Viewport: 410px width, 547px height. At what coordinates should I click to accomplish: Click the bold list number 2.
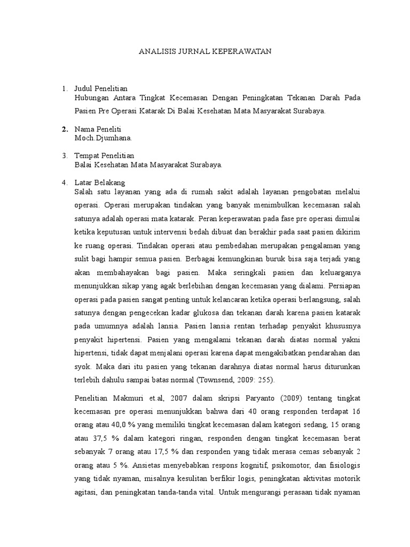65,129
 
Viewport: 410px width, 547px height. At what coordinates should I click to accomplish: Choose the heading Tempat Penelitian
104,155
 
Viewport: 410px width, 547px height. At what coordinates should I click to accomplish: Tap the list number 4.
65,183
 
